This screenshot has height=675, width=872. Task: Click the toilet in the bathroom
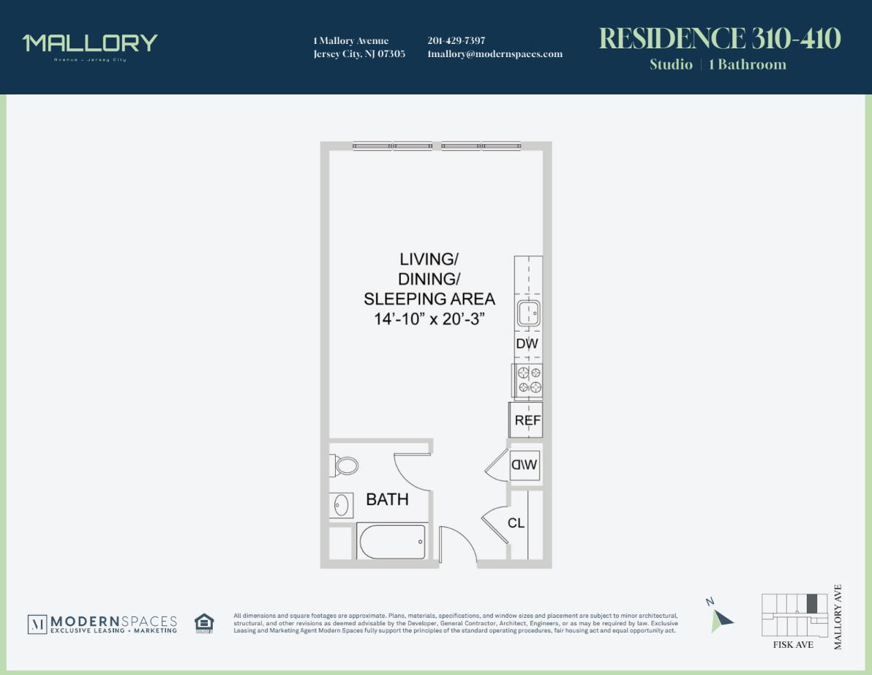(x=345, y=465)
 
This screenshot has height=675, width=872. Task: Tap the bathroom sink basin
(x=340, y=504)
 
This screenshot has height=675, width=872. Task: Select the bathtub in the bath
(x=391, y=542)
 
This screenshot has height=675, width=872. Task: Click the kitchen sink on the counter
(x=527, y=313)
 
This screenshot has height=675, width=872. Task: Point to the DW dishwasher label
(x=527, y=343)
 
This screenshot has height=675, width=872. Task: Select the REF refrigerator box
(x=527, y=420)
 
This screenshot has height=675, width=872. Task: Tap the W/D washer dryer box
(x=525, y=464)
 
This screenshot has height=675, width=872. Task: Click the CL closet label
(x=516, y=523)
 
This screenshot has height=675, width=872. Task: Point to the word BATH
(x=387, y=499)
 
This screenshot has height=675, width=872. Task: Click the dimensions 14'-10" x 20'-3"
(x=429, y=319)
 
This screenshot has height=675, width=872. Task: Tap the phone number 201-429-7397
(x=456, y=40)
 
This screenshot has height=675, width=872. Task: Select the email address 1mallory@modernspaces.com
(x=495, y=53)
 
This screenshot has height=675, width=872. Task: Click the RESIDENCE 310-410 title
(x=720, y=38)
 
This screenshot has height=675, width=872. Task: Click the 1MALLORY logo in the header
(x=90, y=44)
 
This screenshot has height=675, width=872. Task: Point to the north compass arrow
(x=721, y=619)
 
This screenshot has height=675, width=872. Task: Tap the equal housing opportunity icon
(x=204, y=623)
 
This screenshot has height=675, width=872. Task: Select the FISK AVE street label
(x=793, y=645)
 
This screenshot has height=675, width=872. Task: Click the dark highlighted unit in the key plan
(x=812, y=603)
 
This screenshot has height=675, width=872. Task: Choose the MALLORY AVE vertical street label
(x=838, y=616)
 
